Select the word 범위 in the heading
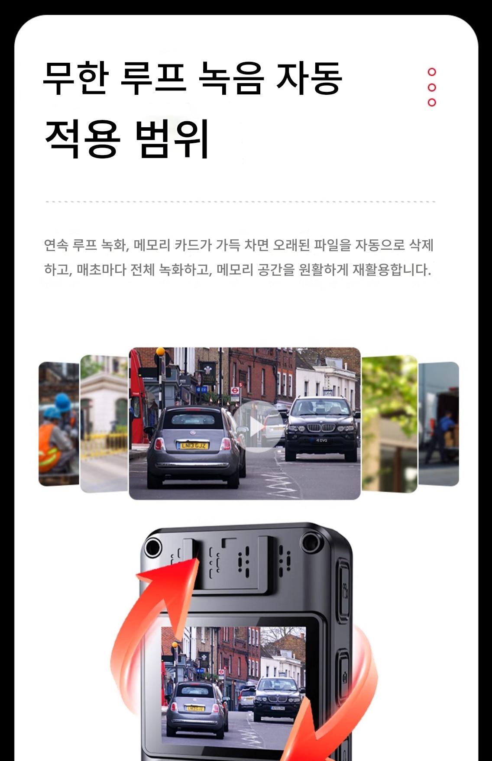pyautogui.click(x=172, y=138)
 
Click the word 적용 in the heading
pyautogui.click(x=82, y=138)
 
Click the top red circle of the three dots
pyautogui.click(x=432, y=72)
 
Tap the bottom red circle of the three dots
pyautogui.click(x=432, y=103)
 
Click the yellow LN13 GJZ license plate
pyautogui.click(x=193, y=445)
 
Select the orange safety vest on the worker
pyautogui.click(x=51, y=448)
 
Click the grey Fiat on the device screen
pyautogui.click(x=196, y=708)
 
